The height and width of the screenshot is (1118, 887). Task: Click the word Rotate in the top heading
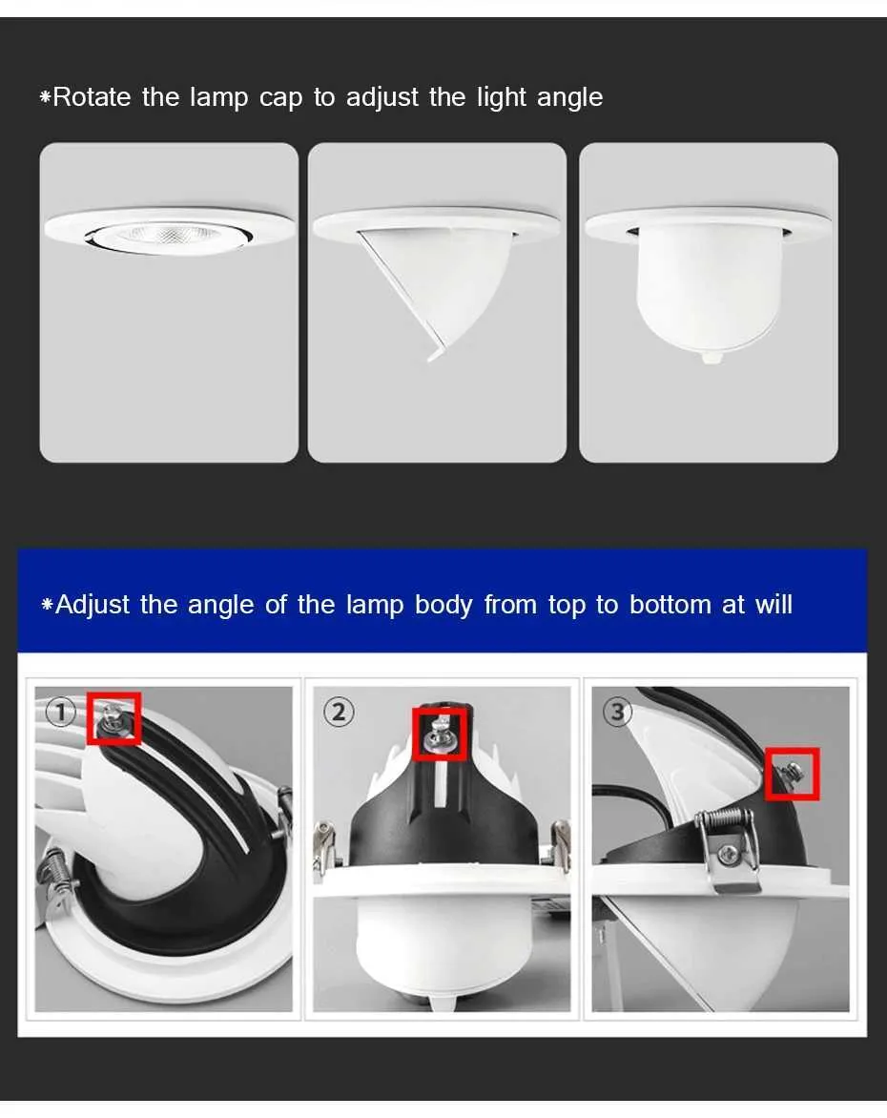[92, 97]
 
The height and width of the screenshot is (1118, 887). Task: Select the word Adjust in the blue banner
[93, 606]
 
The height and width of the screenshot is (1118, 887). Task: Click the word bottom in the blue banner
[670, 605]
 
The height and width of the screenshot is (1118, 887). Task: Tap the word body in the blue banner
[443, 606]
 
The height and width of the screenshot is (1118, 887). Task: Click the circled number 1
[61, 711]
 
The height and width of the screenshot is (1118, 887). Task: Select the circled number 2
[338, 712]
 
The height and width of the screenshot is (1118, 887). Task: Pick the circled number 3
[617, 712]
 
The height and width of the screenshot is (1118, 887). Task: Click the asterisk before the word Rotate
[46, 97]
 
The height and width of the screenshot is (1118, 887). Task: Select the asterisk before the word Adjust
[47, 606]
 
